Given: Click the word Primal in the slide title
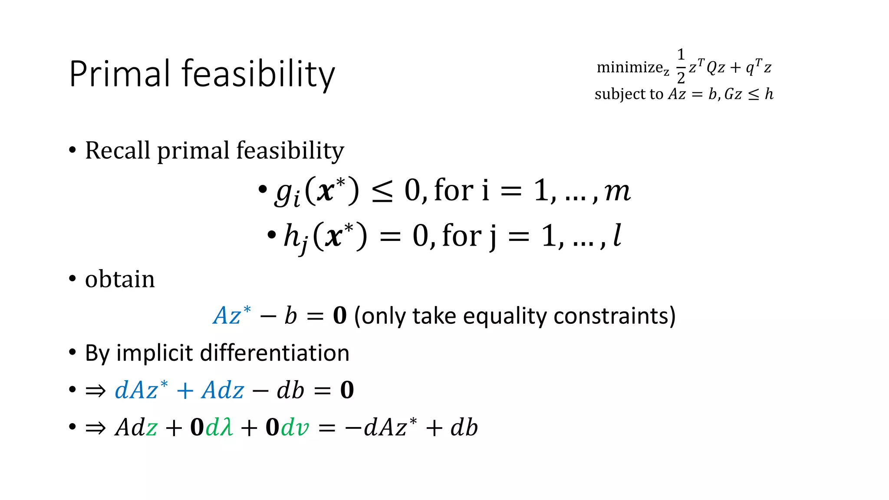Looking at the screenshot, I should [120, 74].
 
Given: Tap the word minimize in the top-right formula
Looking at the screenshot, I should [629, 67].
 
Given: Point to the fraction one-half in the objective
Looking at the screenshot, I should [681, 66].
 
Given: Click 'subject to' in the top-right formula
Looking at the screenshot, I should [629, 94].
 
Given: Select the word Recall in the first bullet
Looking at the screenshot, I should [118, 151].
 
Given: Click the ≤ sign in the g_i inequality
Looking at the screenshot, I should [382, 191].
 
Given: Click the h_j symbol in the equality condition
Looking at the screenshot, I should [295, 237].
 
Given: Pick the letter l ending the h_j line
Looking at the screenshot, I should [617, 236].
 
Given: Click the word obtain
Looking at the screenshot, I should [120, 279].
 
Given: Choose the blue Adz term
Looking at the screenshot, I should [223, 390].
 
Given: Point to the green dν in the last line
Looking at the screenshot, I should [295, 428].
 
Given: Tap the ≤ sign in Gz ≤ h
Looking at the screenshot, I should [754, 95].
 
